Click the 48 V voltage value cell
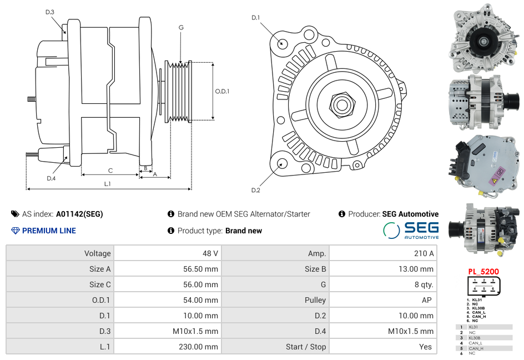click(x=210, y=253)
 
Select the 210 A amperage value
click(x=424, y=253)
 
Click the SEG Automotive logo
click(x=411, y=230)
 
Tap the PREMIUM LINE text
click(x=49, y=231)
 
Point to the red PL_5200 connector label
click(x=483, y=272)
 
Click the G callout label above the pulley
click(x=181, y=28)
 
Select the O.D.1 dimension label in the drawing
click(x=222, y=92)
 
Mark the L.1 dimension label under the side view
click(x=108, y=183)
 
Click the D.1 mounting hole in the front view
click(x=282, y=43)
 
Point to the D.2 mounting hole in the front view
click(x=281, y=163)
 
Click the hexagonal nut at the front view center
click(x=341, y=104)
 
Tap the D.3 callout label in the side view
click(x=50, y=12)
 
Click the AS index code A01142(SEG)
click(x=79, y=214)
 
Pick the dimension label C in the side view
click(x=110, y=171)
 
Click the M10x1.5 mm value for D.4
click(x=411, y=331)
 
